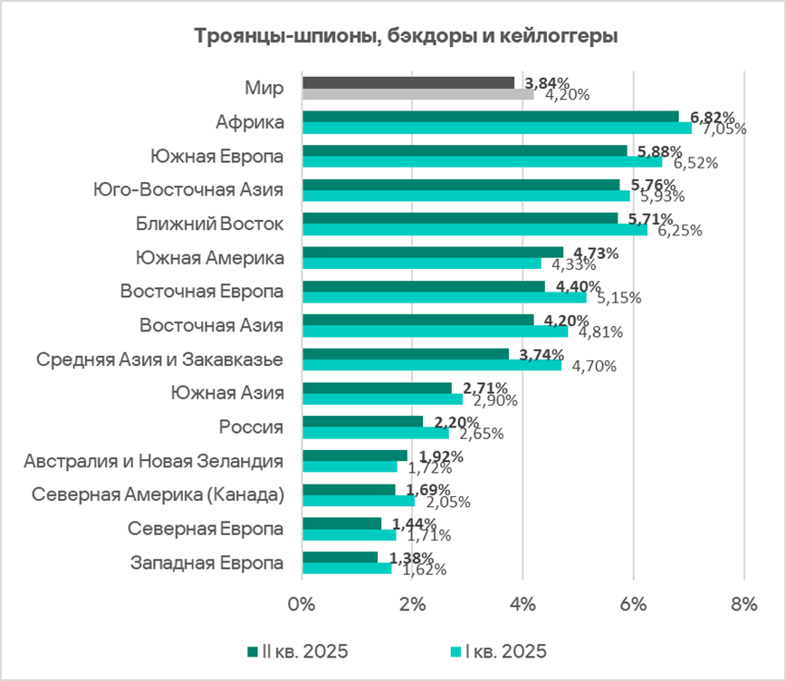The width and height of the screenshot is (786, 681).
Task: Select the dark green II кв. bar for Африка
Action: pyautogui.click(x=490, y=117)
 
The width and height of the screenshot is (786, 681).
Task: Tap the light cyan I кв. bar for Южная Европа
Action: pyautogui.click(x=482, y=162)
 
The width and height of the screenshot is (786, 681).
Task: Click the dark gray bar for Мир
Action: pyautogui.click(x=407, y=82)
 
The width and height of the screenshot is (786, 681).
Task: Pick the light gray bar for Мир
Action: pyautogui.click(x=417, y=93)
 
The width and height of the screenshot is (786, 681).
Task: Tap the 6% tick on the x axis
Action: pyautogui.click(x=633, y=605)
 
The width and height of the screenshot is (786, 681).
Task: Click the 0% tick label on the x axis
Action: pyautogui.click(x=302, y=605)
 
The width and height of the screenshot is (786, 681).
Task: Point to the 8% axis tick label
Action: pyautogui.click(x=743, y=605)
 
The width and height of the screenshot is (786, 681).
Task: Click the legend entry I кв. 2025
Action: pyautogui.click(x=499, y=651)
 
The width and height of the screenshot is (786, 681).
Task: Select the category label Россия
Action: pyautogui.click(x=252, y=427)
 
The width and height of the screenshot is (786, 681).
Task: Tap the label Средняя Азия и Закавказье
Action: pyautogui.click(x=159, y=360)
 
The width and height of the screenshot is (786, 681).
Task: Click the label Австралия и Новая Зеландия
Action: pyautogui.click(x=154, y=461)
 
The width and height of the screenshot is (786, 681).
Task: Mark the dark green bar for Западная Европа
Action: pyautogui.click(x=340, y=557)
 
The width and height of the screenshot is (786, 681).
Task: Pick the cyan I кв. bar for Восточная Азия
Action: pyautogui.click(x=435, y=331)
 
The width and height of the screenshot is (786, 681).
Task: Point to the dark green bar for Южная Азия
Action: pyautogui.click(x=377, y=388)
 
